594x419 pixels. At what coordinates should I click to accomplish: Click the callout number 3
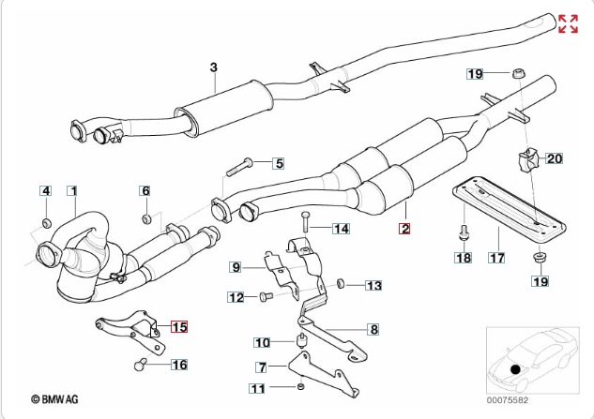213,67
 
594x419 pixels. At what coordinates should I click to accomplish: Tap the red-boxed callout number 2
405,228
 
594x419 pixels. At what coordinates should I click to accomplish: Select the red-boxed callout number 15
178,327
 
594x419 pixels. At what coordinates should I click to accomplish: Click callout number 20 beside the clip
554,159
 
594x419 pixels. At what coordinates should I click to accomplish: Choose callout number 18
464,256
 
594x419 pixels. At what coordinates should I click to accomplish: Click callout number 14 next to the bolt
340,228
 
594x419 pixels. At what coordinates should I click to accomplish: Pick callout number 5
278,163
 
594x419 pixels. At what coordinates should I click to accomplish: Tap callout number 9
236,267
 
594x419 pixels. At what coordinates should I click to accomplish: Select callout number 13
373,285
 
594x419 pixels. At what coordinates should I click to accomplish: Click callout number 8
373,329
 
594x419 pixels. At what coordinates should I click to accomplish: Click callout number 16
178,365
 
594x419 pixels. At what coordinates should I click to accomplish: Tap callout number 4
44,191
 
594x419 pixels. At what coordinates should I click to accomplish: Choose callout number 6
145,191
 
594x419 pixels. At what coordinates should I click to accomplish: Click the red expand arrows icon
568,23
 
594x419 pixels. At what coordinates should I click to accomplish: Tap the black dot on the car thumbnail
514,371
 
